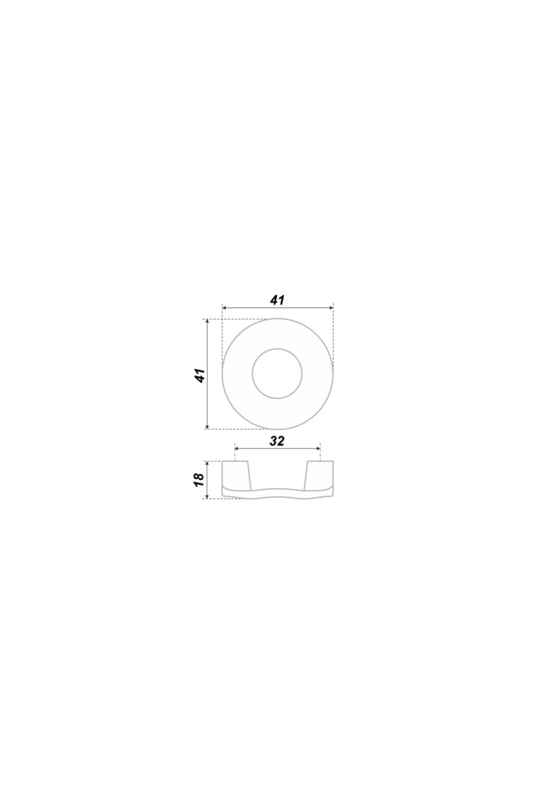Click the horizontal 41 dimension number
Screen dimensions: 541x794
coord(278,300)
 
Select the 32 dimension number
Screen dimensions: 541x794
coord(277,441)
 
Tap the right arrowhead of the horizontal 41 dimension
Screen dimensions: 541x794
coord(330,308)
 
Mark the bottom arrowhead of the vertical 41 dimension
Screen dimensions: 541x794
coord(207,426)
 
